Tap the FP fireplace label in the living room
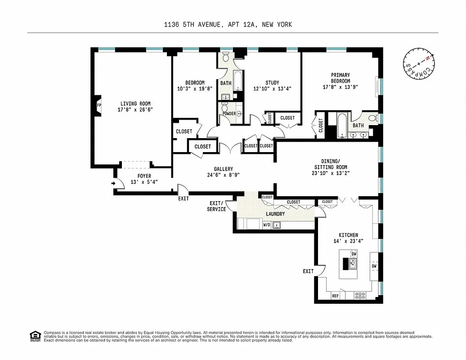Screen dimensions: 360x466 [99, 107]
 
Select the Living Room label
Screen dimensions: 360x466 [135, 103]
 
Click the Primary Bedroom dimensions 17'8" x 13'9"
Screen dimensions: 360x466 [340, 87]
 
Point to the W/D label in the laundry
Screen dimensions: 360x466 [267, 225]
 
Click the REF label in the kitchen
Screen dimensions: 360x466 [335, 296]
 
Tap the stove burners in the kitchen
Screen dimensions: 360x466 [360, 296]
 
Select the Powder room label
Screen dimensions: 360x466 [229, 113]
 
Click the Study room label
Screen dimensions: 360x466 [272, 83]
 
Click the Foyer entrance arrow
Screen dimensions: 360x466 [112, 183]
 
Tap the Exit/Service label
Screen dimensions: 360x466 [216, 206]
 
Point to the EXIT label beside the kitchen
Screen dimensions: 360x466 [308, 271]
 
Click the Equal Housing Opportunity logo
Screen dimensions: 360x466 [35, 336]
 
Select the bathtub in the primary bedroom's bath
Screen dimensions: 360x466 [342, 125]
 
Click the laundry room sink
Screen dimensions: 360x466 [278, 225]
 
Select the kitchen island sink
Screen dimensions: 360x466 [353, 264]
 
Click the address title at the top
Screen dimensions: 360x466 [228, 25]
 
